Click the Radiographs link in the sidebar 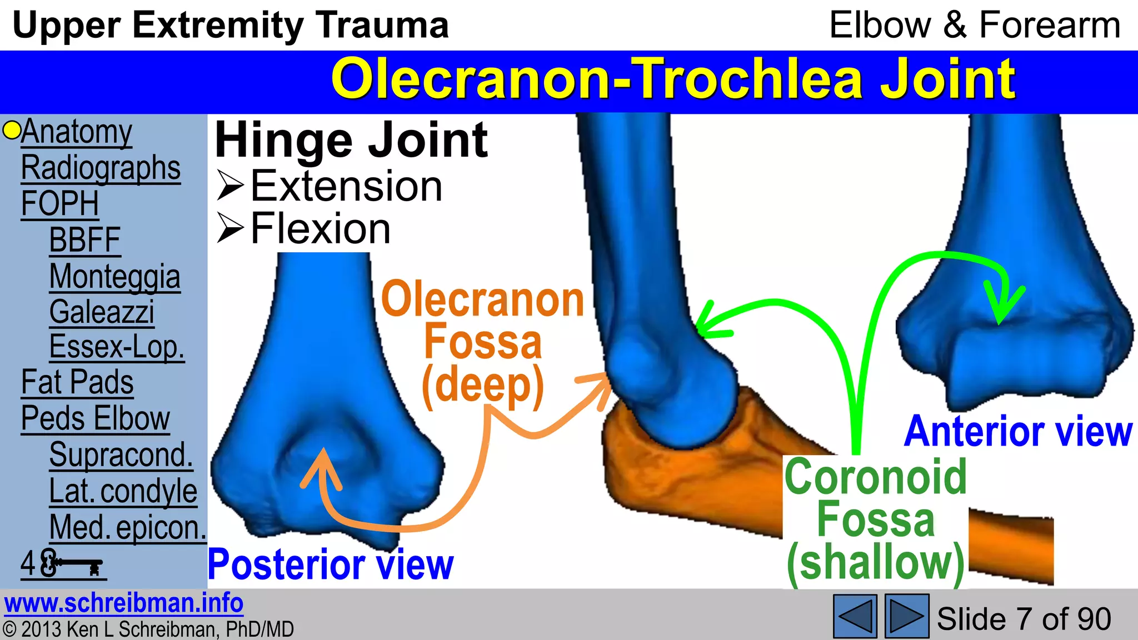pyautogui.click(x=101, y=168)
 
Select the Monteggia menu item pyautogui.click(x=114, y=277)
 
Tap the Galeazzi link pyautogui.click(x=102, y=312)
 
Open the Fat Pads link pyautogui.click(x=77, y=382)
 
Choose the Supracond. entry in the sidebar pyautogui.click(x=121, y=454)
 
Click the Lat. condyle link pyautogui.click(x=123, y=491)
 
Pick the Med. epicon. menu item pyautogui.click(x=128, y=527)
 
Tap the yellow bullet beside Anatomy pyautogui.click(x=11, y=131)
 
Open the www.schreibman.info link pyautogui.click(x=124, y=603)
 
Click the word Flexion pyautogui.click(x=321, y=228)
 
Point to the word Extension pyautogui.click(x=346, y=186)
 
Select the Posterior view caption pyautogui.click(x=331, y=564)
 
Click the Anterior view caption pyautogui.click(x=1018, y=432)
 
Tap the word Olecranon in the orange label pyautogui.click(x=483, y=300)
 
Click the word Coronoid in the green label pyautogui.click(x=876, y=477)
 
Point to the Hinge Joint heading pyautogui.click(x=351, y=140)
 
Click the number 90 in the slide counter pyautogui.click(x=1093, y=619)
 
